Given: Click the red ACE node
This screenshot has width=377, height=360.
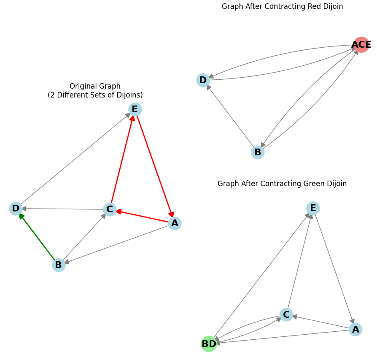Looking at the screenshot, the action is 361,44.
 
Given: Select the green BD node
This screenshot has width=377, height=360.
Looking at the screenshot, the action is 209,344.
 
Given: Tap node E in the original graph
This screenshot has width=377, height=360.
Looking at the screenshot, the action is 135,109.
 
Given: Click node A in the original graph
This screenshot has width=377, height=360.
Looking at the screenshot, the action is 175,223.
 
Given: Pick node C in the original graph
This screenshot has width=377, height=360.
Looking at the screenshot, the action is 110,209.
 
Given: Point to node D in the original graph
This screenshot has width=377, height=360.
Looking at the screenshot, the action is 16,208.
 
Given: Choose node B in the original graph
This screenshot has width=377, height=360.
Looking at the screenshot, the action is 59,265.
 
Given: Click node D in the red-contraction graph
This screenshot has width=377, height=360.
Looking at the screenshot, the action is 203,80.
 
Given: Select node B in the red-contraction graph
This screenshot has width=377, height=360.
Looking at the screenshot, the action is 258,152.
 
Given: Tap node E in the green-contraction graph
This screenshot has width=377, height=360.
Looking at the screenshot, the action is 313,208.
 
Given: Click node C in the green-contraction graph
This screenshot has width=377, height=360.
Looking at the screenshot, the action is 286,315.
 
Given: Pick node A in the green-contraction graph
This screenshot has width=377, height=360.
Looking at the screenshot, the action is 355,330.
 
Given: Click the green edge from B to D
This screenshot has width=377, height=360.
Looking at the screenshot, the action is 37,236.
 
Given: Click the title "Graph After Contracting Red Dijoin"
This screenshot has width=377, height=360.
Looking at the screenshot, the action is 282,6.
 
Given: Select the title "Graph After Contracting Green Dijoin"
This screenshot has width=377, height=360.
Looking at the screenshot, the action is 282,184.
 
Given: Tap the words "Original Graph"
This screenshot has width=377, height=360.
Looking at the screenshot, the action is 95,86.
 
